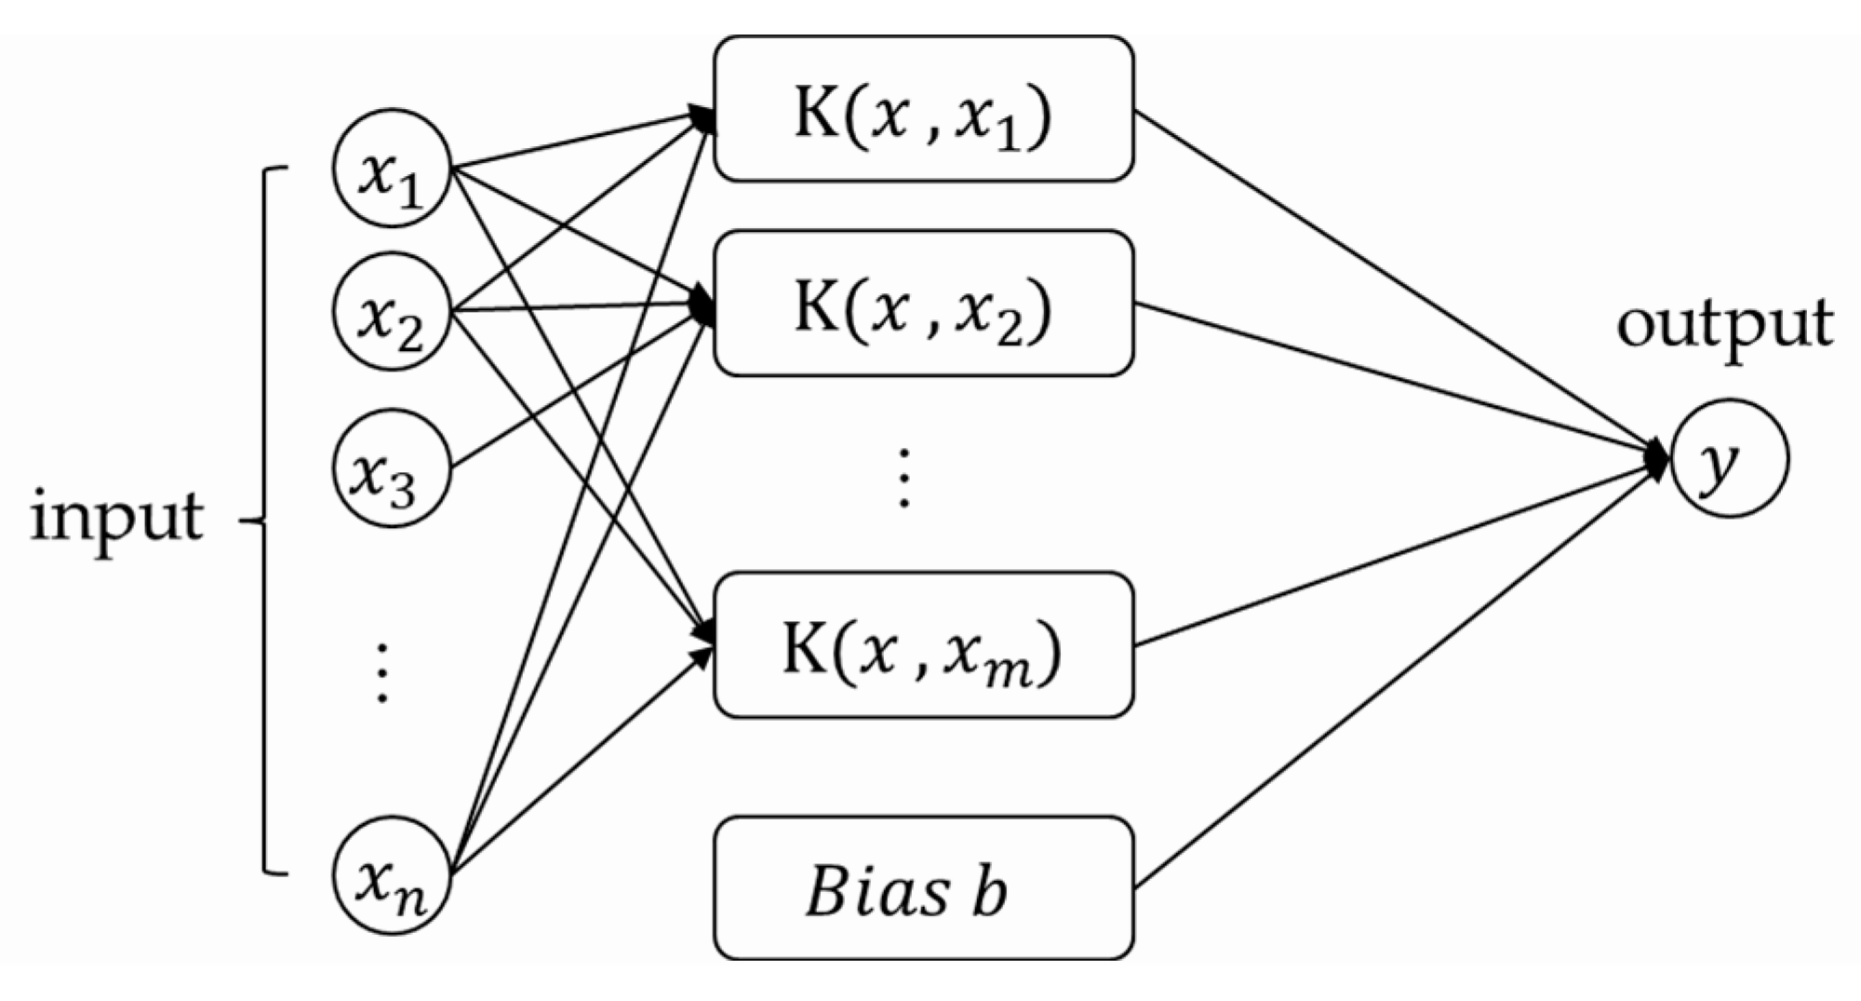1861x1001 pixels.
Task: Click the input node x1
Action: pyautogui.click(x=392, y=169)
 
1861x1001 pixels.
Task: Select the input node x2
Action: pyautogui.click(x=392, y=312)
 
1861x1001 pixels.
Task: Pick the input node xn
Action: pyautogui.click(x=392, y=875)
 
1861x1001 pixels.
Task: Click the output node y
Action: pyautogui.click(x=1729, y=458)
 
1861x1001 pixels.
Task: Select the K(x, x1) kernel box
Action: pyautogui.click(x=923, y=109)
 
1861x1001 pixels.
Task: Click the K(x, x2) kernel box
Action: pyautogui.click(x=923, y=304)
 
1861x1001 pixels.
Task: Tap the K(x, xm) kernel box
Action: pyautogui.click(x=923, y=644)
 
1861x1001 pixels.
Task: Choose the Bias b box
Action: pyautogui.click(x=923, y=888)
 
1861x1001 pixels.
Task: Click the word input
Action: pyautogui.click(x=117, y=518)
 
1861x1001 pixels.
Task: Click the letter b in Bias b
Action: pyautogui.click(x=989, y=891)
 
